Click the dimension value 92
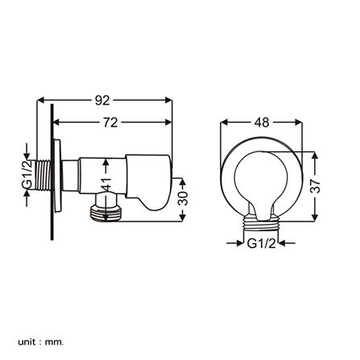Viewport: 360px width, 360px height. [x=102, y=101]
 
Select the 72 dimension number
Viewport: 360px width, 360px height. [x=110, y=122]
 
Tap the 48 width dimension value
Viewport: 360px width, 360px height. [x=262, y=122]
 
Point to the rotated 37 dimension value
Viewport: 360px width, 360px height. [x=315, y=186]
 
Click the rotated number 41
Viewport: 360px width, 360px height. [x=106, y=184]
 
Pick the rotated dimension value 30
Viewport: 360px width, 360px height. [x=183, y=198]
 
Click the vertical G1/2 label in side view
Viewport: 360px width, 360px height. [x=27, y=175]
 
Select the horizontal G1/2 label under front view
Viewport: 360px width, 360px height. [x=261, y=243]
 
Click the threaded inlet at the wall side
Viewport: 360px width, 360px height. [x=43, y=176]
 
